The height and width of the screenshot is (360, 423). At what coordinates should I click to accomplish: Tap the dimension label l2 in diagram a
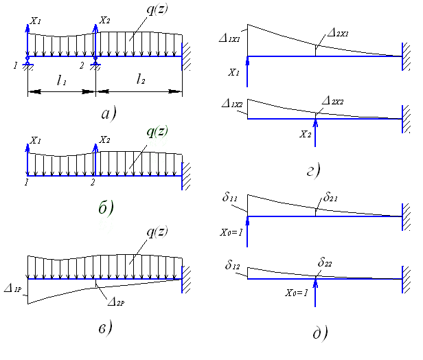141,81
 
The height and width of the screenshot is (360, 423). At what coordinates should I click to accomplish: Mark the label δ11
231,199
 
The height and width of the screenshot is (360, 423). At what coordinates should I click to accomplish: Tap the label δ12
231,263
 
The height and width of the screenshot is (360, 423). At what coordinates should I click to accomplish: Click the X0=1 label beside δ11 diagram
229,233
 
